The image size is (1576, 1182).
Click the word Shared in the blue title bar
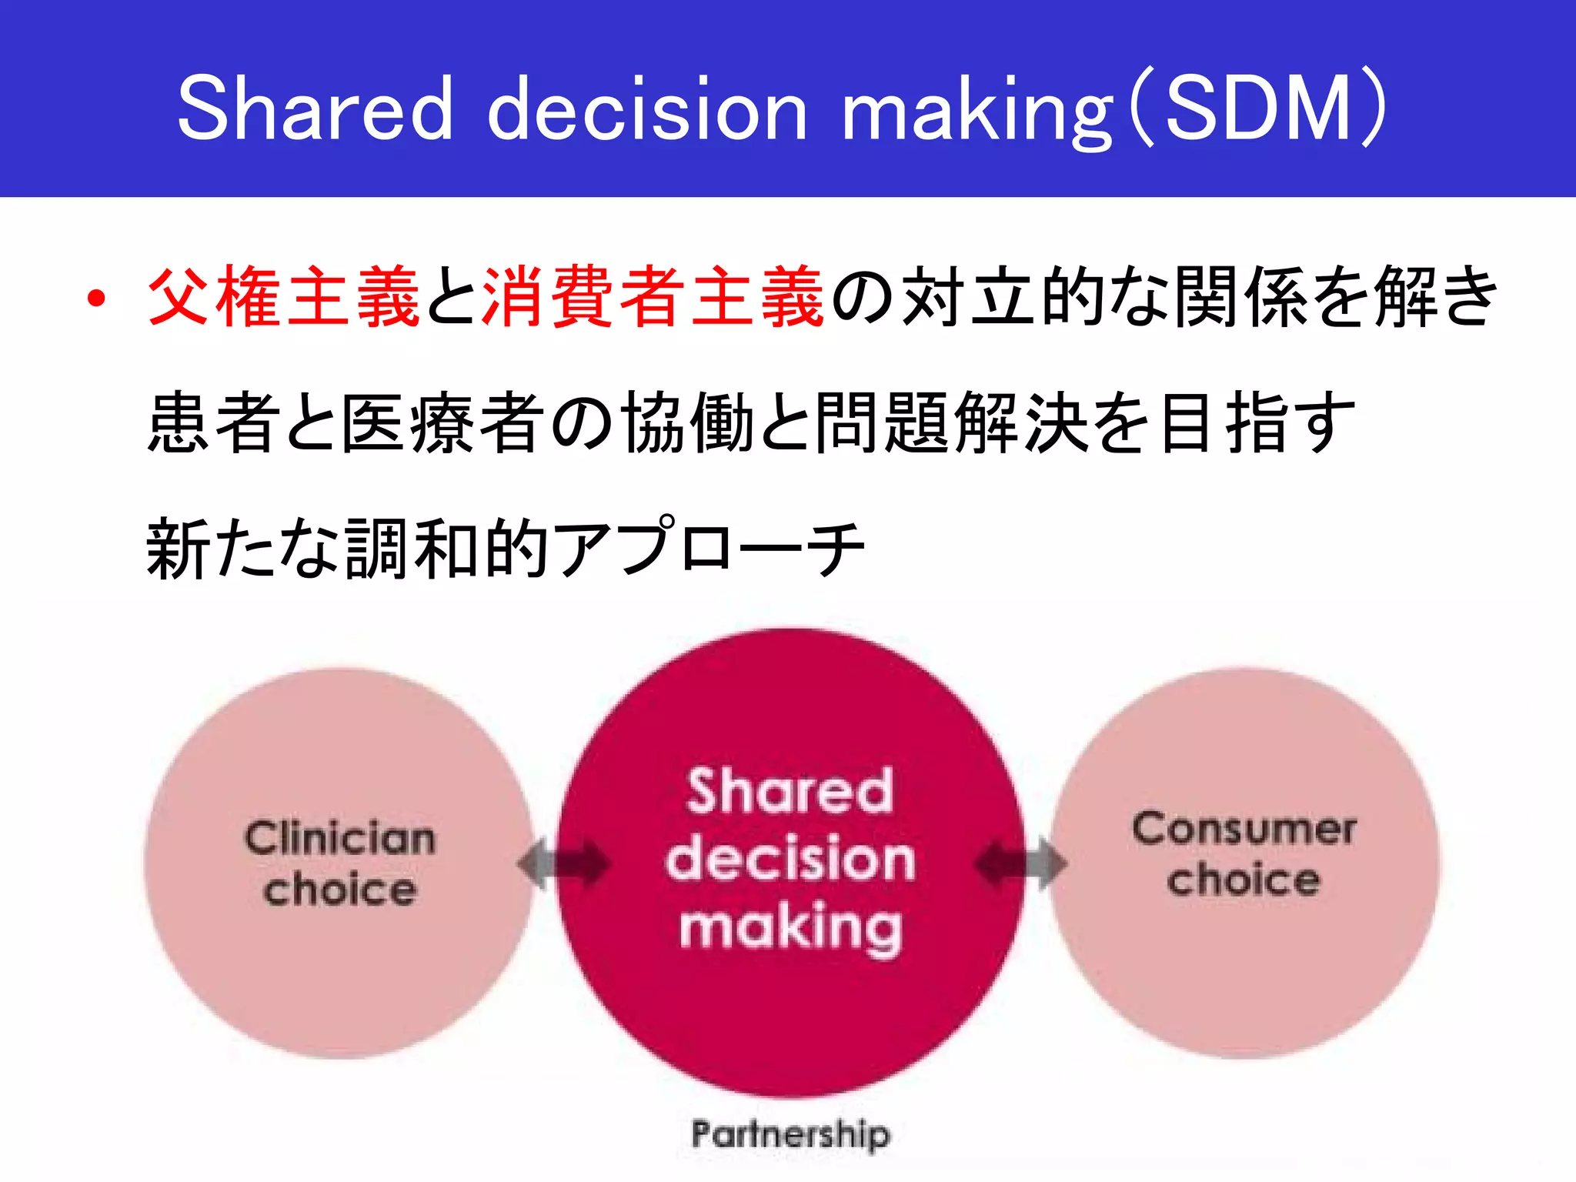(x=316, y=109)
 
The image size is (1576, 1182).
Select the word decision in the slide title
(x=648, y=109)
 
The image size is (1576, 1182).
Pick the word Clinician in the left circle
(x=340, y=838)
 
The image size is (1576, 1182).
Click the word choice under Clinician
(x=340, y=890)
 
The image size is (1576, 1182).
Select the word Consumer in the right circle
(x=1244, y=830)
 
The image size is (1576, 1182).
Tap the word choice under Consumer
(x=1244, y=880)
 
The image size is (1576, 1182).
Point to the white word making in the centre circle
(x=790, y=927)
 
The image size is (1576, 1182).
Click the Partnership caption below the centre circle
(x=790, y=1134)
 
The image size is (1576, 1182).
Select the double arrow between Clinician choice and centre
(x=564, y=863)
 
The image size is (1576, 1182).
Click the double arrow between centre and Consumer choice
(x=1020, y=863)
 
